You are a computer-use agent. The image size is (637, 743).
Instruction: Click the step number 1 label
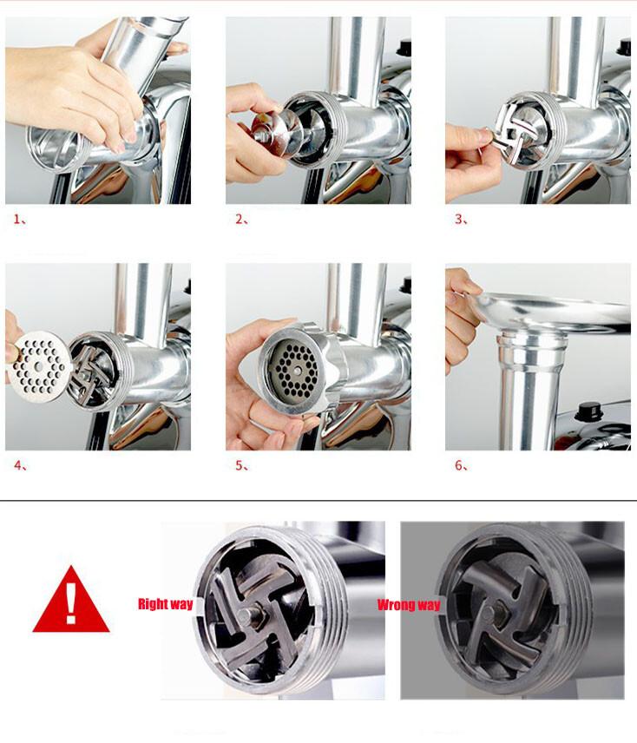[x=20, y=220]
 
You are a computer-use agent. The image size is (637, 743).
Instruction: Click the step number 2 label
[x=242, y=220]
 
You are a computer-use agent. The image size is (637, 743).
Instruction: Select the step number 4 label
[x=20, y=466]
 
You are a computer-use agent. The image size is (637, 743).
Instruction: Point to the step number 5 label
[x=242, y=466]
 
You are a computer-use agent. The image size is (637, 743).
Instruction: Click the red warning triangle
[x=71, y=600]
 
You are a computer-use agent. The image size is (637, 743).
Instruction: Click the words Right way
[x=165, y=604]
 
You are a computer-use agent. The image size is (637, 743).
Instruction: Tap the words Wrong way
[x=409, y=605]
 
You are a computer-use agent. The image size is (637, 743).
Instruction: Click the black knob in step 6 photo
[x=588, y=411]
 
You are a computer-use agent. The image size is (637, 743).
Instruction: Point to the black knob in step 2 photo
[x=405, y=49]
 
